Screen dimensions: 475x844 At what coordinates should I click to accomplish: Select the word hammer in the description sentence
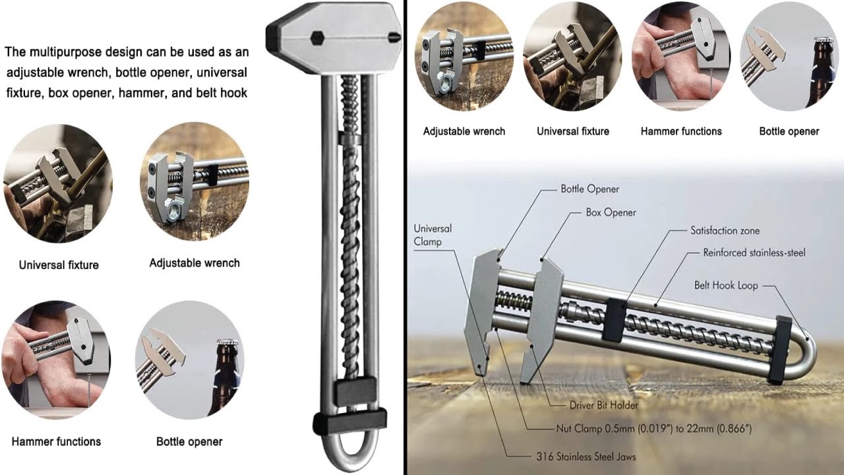(142, 92)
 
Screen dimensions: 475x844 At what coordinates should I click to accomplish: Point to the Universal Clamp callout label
(433, 235)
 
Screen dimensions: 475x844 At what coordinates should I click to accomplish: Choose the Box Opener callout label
(611, 212)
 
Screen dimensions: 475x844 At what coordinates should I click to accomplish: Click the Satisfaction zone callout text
(725, 230)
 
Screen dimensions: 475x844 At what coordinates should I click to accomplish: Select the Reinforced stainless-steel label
(754, 252)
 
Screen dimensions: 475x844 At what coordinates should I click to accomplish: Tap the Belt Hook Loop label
(726, 285)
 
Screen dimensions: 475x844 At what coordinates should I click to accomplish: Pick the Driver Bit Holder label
(603, 404)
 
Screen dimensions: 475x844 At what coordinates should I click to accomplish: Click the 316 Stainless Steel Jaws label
(585, 455)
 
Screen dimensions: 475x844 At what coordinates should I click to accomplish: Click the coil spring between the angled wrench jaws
(514, 301)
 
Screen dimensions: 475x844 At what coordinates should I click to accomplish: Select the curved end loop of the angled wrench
(806, 356)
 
